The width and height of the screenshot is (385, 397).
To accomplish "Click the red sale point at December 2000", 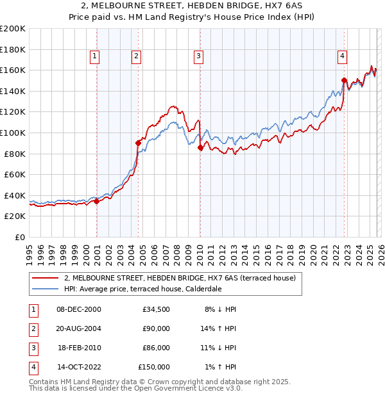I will (96, 201).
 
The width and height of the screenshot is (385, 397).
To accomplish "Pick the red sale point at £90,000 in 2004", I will (138, 143).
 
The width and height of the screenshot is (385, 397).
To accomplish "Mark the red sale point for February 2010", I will (200, 147).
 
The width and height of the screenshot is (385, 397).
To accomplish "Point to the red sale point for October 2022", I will (344, 81).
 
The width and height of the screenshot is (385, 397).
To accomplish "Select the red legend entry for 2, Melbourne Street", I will (180, 278).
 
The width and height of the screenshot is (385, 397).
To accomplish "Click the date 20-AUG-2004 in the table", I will (78, 328).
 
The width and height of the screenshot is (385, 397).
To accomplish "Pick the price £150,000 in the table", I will (153, 367).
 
